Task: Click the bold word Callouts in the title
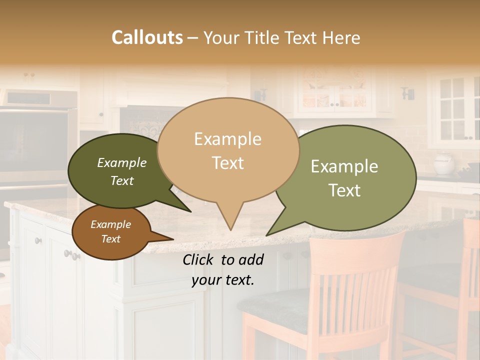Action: (147, 37)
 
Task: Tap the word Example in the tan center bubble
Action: (227, 139)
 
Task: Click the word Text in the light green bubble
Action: (344, 190)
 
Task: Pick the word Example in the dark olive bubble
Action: (121, 162)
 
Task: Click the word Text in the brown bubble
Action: (110, 239)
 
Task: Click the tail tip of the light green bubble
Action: (267, 235)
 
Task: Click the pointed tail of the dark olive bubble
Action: (190, 211)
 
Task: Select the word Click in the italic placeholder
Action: (199, 259)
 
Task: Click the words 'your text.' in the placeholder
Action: (222, 280)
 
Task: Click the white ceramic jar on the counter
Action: (443, 164)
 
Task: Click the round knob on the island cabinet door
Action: (38, 241)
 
